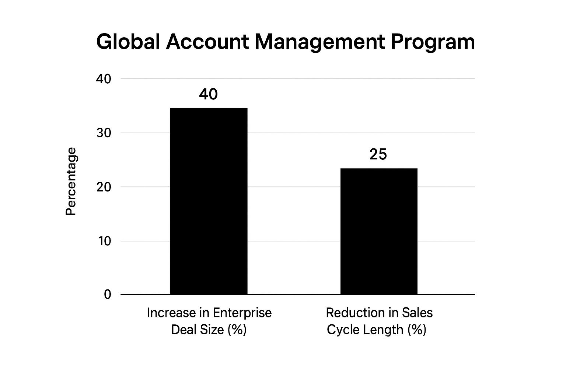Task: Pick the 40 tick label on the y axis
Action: [104, 79]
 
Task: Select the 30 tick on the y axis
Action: [104, 133]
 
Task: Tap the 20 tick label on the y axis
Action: [104, 187]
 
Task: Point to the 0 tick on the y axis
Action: [107, 295]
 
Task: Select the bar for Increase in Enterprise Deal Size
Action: [209, 201]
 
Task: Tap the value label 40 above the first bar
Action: [209, 95]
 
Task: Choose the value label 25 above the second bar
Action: [378, 155]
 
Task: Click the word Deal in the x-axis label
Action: [184, 330]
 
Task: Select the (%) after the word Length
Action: [417, 330]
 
